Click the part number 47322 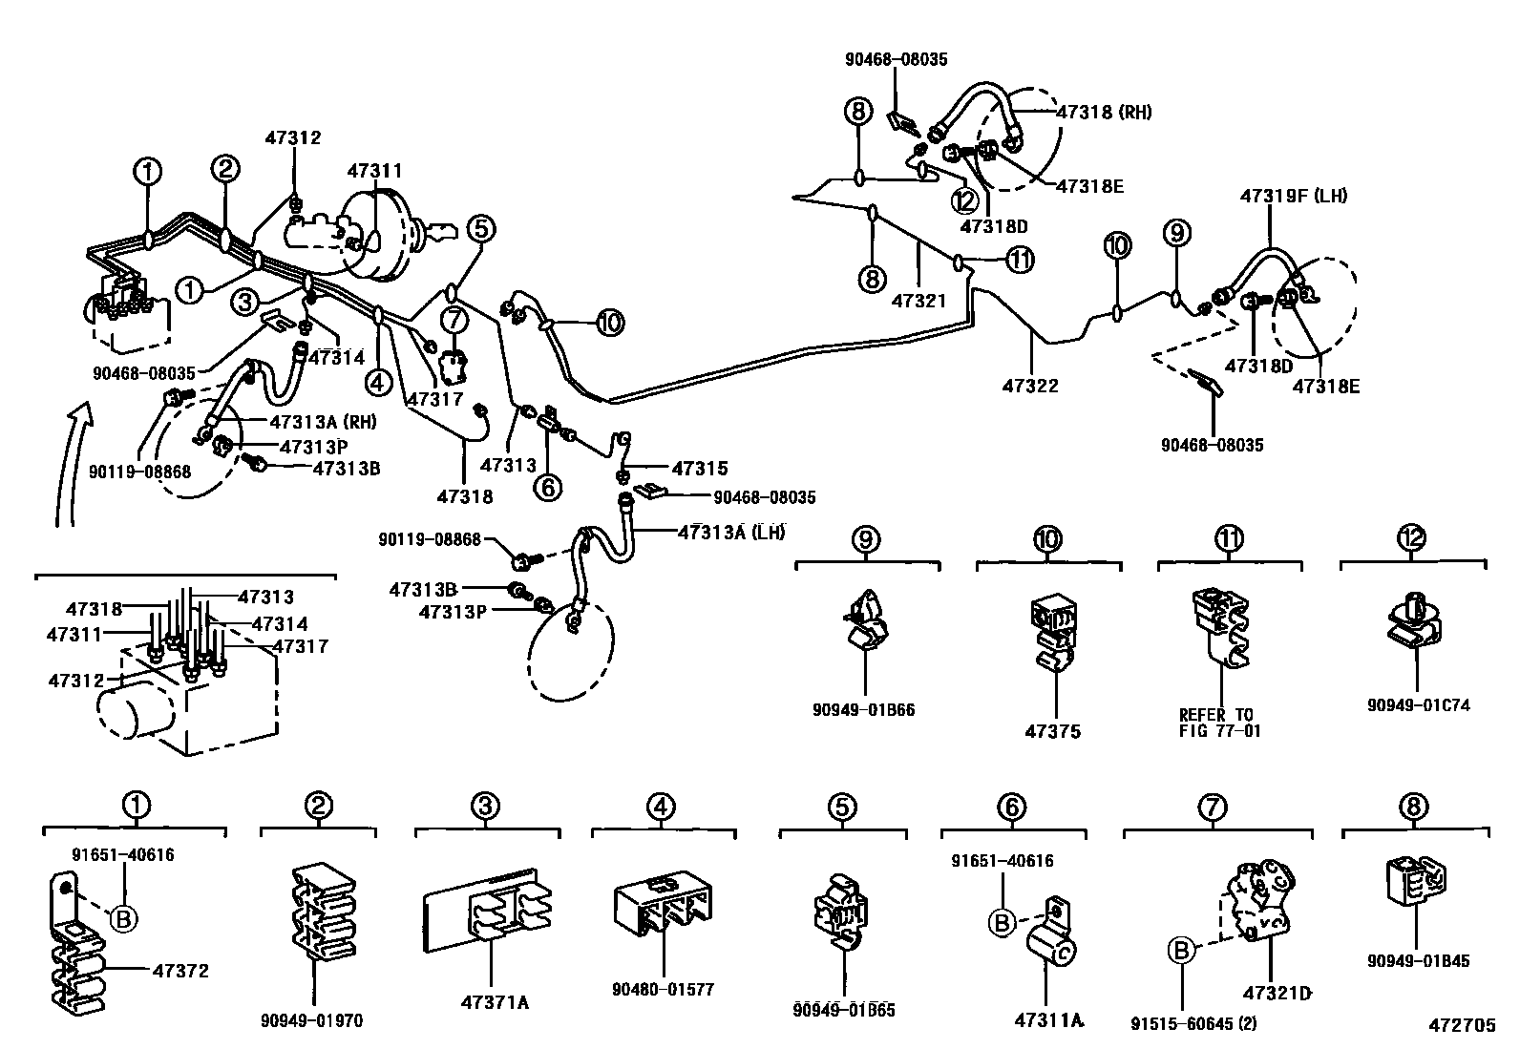click(1030, 386)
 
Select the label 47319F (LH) click(1294, 196)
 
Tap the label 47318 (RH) click(1104, 112)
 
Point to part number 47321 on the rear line click(918, 301)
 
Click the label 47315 click(700, 468)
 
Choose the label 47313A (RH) click(323, 422)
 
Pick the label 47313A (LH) click(731, 533)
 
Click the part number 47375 click(1052, 731)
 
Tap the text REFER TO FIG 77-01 click(1219, 723)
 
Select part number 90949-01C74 click(1418, 705)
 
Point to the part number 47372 click(180, 971)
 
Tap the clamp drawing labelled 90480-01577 click(663, 905)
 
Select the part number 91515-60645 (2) click(1193, 1023)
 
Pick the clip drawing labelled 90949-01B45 click(1416, 880)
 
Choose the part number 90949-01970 click(311, 1020)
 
